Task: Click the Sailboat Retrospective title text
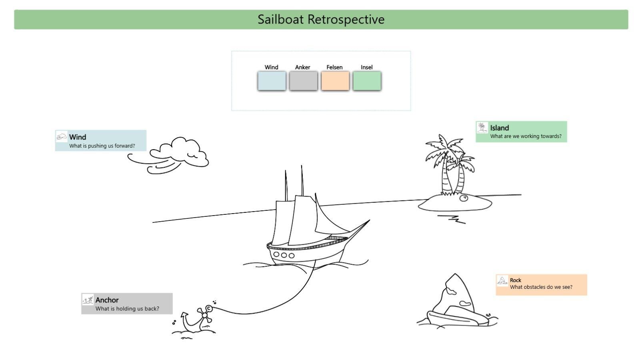[321, 19]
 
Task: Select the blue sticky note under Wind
[272, 81]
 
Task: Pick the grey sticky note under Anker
[303, 81]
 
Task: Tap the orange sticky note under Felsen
[335, 81]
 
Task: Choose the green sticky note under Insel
[367, 81]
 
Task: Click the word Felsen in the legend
[334, 67]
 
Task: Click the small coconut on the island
[464, 198]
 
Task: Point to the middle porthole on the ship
[284, 255]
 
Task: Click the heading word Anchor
[107, 300]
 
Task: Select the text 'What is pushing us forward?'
[102, 146]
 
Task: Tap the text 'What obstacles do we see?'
[541, 287]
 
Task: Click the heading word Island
[500, 128]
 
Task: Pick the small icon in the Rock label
[502, 280]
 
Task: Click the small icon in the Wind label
[62, 137]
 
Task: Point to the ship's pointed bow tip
[368, 220]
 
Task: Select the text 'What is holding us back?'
[127, 309]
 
